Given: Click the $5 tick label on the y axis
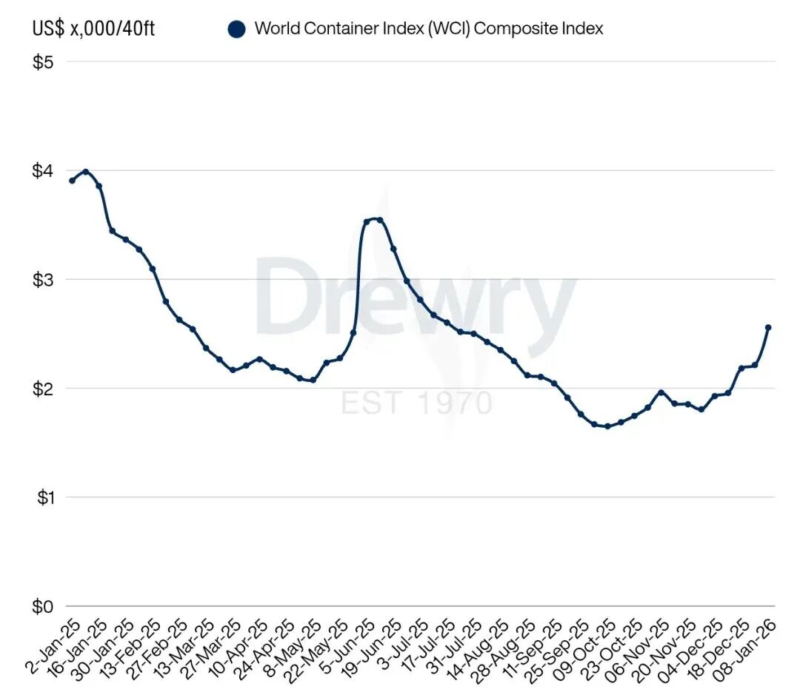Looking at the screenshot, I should [43, 62].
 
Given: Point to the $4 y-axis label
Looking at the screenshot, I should [43, 171].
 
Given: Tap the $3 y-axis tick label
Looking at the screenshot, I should [43, 280].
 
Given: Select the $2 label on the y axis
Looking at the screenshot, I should [43, 389].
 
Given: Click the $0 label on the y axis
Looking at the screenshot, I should [43, 606].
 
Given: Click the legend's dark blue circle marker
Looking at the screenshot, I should [236, 30].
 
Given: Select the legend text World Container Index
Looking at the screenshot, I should [428, 29].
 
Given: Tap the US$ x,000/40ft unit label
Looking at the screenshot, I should [94, 30].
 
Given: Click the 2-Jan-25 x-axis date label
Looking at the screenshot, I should [52, 648].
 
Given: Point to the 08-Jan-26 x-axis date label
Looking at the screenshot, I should [750, 648].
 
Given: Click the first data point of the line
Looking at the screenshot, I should [72, 181].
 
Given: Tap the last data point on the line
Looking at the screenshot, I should [768, 327].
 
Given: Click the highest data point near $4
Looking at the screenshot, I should [85, 172].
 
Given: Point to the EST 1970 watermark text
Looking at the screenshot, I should [416, 403].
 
